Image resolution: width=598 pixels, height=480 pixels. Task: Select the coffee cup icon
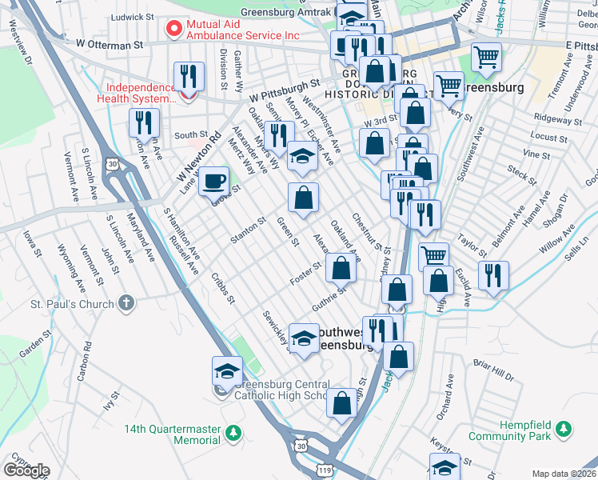point(213,180)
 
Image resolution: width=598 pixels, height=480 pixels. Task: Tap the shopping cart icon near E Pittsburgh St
point(486,56)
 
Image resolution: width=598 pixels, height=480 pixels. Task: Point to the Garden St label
point(35,346)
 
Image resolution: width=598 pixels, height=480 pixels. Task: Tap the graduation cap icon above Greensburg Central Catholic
point(227,370)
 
